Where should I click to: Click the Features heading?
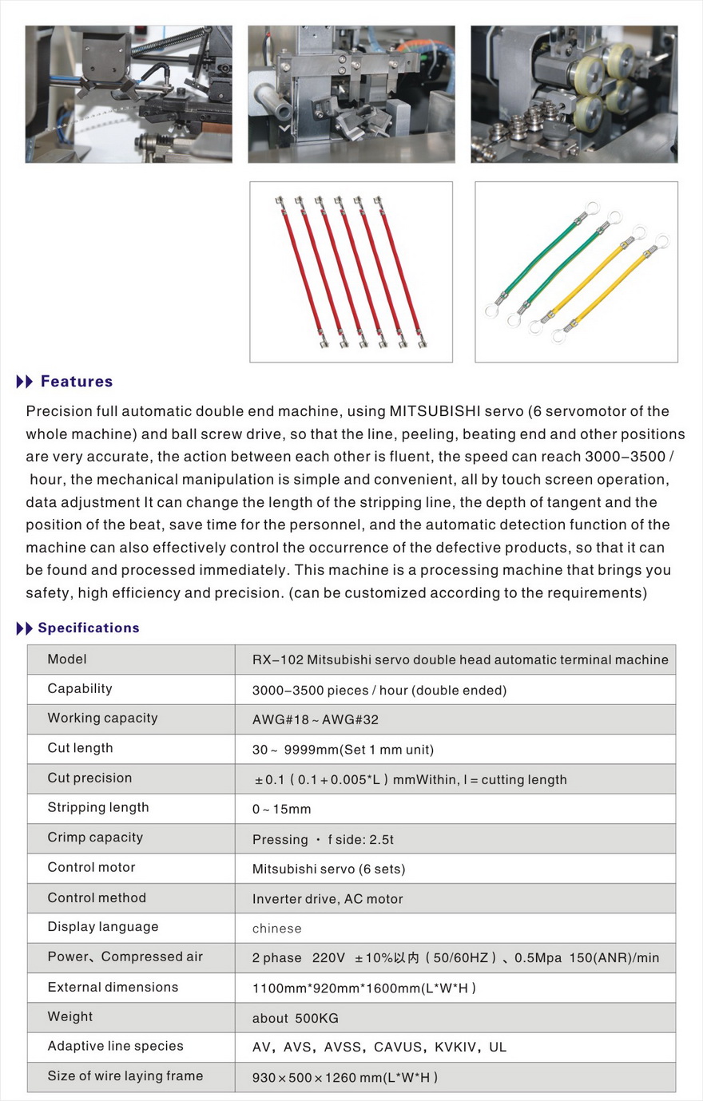point(77,382)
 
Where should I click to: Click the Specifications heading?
point(89,628)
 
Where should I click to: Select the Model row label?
point(67,659)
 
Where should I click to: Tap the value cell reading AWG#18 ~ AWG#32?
point(316,719)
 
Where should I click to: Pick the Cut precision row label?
point(89,778)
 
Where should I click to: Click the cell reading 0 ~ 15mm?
point(281,810)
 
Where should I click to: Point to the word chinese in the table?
point(277,929)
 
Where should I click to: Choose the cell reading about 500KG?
point(296,1019)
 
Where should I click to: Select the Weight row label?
point(70,1017)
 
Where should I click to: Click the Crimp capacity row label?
point(95,838)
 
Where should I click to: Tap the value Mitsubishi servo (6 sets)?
point(328,869)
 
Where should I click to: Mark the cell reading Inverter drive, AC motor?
point(328,899)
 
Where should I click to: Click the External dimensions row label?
point(113,988)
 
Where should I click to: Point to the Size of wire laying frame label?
point(125,1076)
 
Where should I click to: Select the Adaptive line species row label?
point(115,1047)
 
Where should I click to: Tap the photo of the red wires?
point(351,271)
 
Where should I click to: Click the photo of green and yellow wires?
point(576,271)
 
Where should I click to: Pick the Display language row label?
point(103,927)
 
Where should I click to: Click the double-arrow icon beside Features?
point(25,382)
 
